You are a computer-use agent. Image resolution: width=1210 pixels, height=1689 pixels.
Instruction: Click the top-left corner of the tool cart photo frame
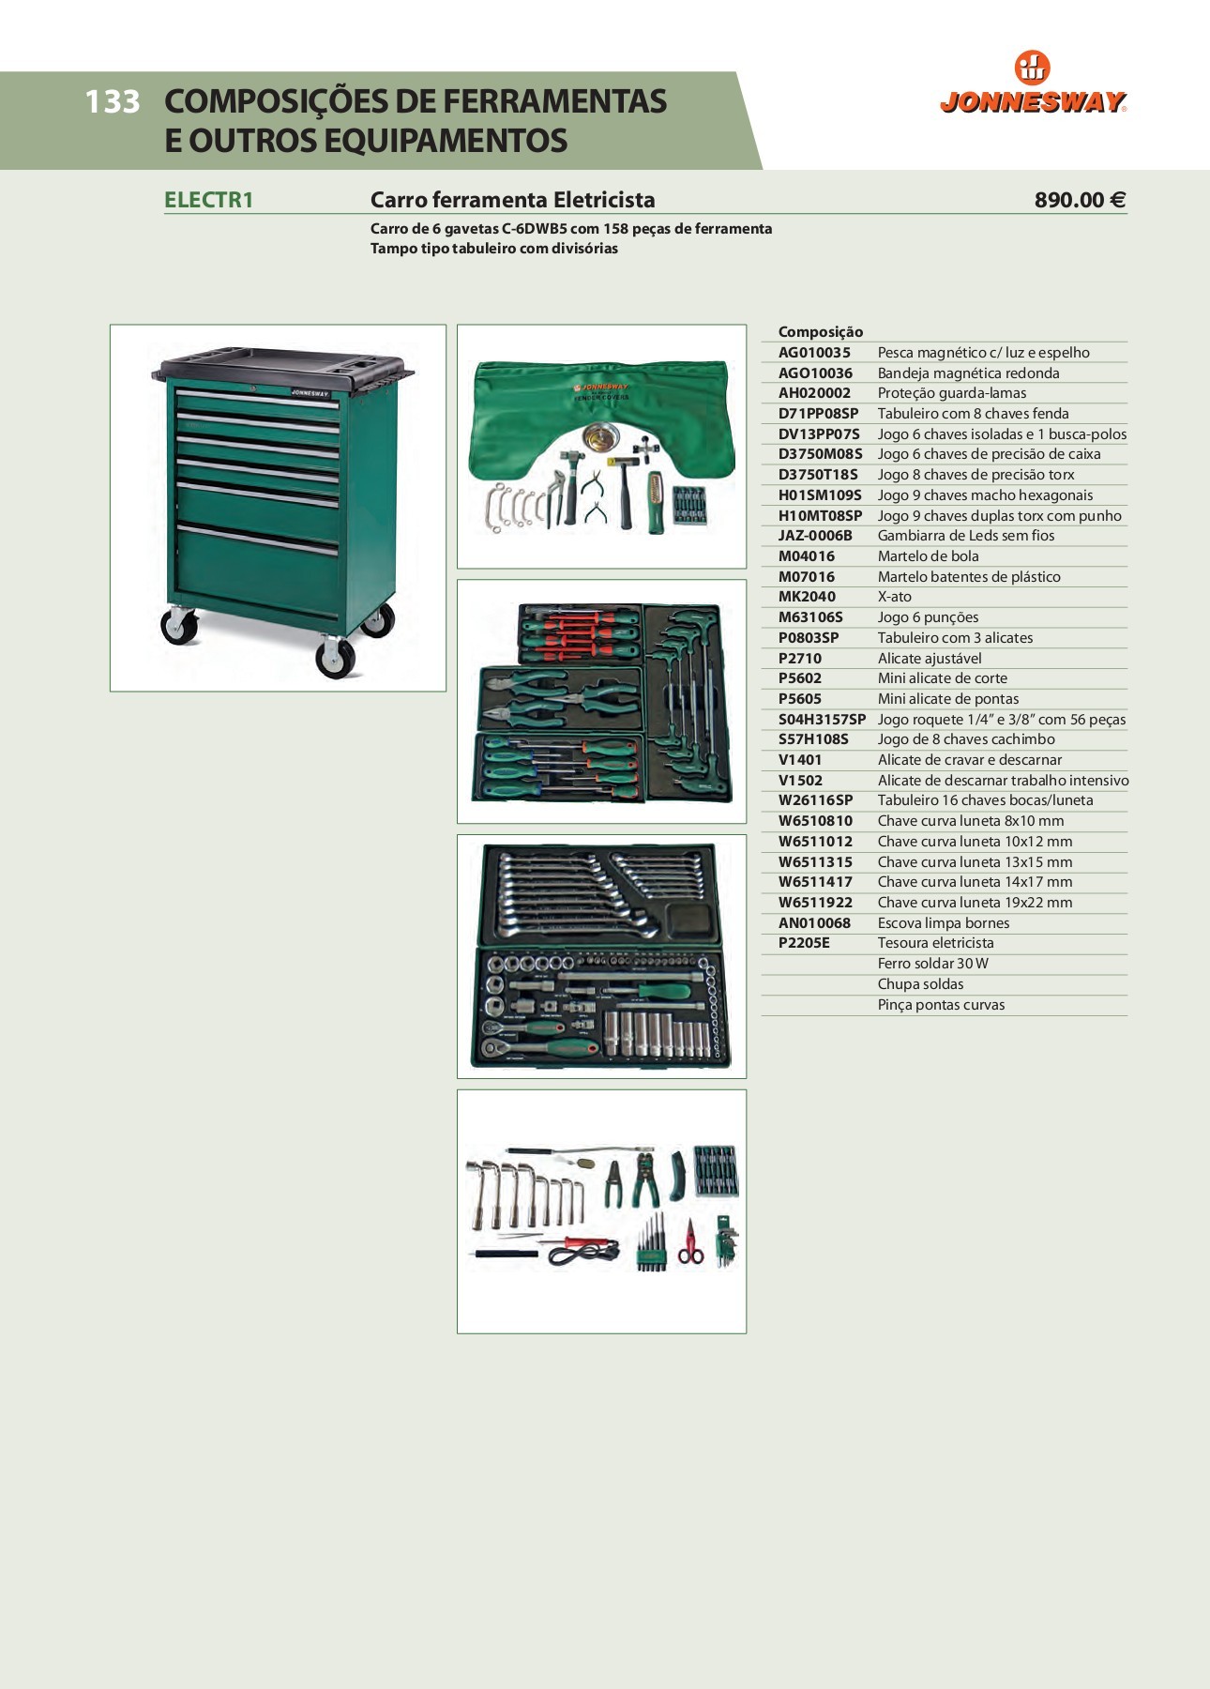pyautogui.click(x=111, y=325)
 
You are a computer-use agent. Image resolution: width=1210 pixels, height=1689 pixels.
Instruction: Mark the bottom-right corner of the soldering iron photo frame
pyautogui.click(x=747, y=1333)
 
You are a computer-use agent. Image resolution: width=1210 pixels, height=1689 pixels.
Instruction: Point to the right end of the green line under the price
pyautogui.click(x=1127, y=214)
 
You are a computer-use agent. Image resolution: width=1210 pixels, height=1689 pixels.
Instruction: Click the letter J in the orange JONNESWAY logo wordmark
pyautogui.click(x=949, y=102)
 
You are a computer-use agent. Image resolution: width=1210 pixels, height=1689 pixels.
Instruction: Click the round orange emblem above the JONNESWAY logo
pyautogui.click(x=1033, y=68)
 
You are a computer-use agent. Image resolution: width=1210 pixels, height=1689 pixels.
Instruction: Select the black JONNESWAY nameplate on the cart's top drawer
pyautogui.click(x=310, y=393)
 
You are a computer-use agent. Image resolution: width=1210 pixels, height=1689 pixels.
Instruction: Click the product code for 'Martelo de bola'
pyautogui.click(x=807, y=556)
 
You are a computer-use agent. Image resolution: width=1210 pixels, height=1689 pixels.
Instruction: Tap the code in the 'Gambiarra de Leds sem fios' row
pyautogui.click(x=815, y=536)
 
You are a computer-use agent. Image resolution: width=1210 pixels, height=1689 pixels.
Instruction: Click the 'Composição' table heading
pyautogui.click(x=821, y=332)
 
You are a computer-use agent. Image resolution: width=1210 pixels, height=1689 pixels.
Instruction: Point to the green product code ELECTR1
pyautogui.click(x=208, y=200)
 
